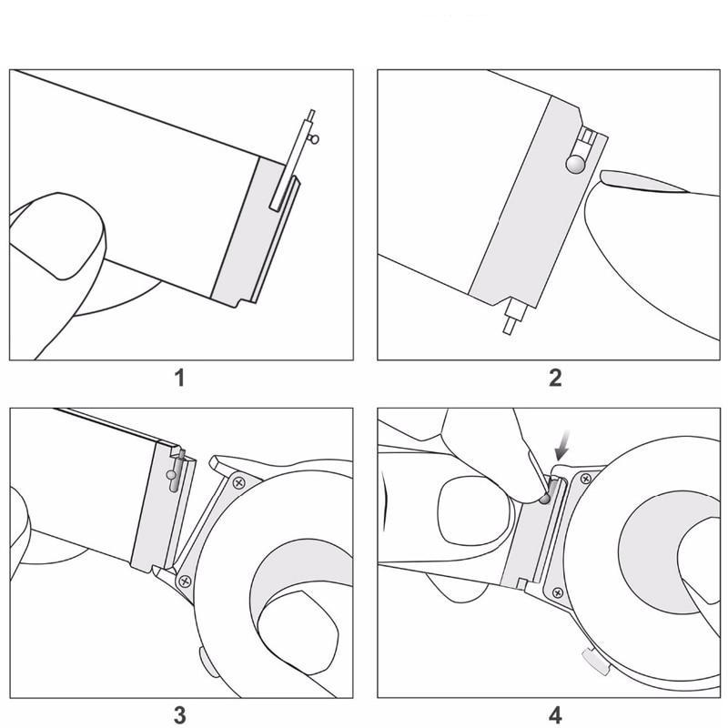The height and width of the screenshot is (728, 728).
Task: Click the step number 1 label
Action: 179,378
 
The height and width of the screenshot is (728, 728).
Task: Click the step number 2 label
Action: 555,378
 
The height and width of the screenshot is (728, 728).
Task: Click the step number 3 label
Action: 179,715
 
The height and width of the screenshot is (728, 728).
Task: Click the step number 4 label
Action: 555,715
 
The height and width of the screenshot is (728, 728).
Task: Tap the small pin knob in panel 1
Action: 314,138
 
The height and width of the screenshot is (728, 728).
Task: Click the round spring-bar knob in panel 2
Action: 575,164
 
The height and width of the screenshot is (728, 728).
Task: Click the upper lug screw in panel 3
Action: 239,483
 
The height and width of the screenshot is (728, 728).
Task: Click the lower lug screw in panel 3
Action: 186,581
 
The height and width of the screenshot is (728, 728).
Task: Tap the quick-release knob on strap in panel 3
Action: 171,475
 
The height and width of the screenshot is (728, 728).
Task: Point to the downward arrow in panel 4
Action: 562,445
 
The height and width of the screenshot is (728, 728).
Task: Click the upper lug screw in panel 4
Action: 586,479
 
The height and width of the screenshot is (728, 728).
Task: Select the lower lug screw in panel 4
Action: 558,592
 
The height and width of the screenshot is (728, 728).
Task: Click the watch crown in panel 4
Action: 595,662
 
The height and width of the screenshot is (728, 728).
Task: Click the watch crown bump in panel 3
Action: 207,662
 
